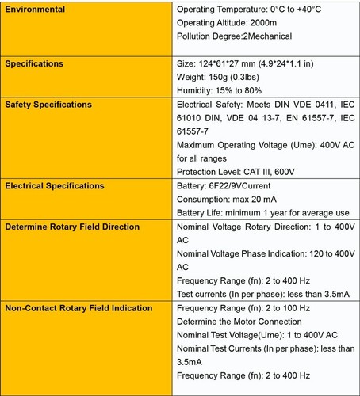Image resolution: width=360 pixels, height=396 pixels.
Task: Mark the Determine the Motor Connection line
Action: pyautogui.click(x=243, y=322)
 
